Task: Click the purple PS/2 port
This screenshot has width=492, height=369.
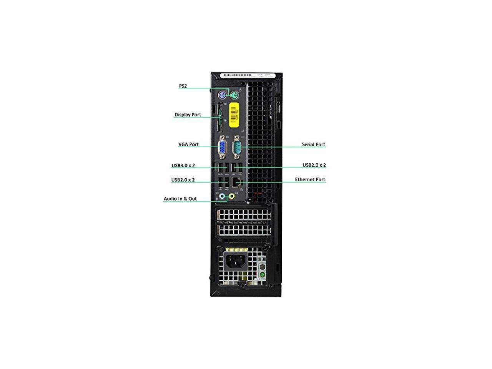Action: (x=221, y=95)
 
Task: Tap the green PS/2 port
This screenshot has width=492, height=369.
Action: (x=233, y=95)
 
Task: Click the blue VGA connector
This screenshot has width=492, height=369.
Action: (x=222, y=147)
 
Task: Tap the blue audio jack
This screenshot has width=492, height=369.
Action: (x=222, y=196)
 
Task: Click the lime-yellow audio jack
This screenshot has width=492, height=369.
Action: (x=231, y=196)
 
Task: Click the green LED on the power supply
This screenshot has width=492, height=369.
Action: (x=263, y=274)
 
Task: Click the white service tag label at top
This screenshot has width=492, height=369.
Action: (x=246, y=75)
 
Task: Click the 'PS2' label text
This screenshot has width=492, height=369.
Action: (x=183, y=86)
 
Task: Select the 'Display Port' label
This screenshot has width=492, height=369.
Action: (x=188, y=115)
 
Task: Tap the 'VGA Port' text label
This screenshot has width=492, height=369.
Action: (x=188, y=145)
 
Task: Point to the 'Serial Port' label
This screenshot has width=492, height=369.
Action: (x=313, y=145)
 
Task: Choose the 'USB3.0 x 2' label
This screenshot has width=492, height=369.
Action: (x=183, y=166)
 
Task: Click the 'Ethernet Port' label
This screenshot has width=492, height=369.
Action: (x=310, y=180)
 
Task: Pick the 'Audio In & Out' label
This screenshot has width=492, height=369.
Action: (x=180, y=199)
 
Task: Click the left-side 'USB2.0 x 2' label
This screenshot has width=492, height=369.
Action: (x=183, y=180)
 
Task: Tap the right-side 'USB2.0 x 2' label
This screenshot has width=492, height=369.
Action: (x=314, y=165)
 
